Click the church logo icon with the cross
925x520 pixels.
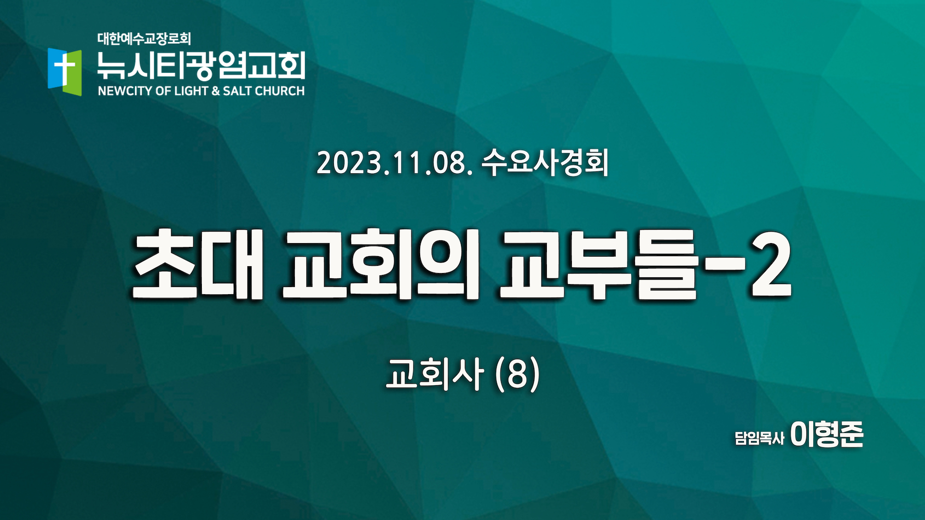pyautogui.click(x=65, y=72)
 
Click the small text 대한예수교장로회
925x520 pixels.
pyautogui.click(x=144, y=39)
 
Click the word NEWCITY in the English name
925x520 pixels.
pyautogui.click(x=125, y=91)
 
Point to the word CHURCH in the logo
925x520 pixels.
pyautogui.click(x=279, y=91)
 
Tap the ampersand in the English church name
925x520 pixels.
pyautogui.click(x=215, y=91)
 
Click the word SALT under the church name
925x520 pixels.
pyautogui.click(x=237, y=91)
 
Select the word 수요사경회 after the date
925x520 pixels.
pyautogui.click(x=545, y=162)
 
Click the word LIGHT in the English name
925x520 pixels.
pyautogui.click(x=191, y=91)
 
